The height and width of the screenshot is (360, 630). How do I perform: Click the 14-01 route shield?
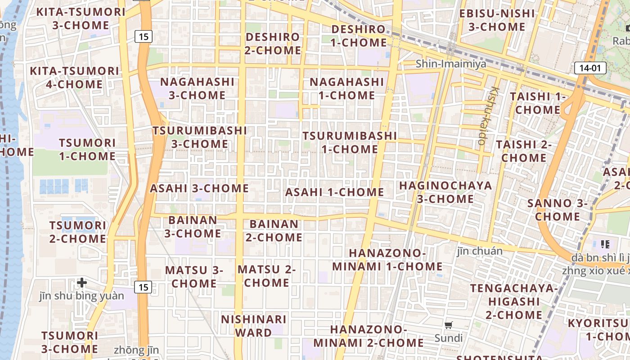(590, 68)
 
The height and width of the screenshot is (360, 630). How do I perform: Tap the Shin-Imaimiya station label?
(451, 64)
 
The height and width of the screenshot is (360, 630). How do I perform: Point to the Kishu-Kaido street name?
(489, 116)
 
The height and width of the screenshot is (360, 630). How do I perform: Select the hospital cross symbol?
(81, 283)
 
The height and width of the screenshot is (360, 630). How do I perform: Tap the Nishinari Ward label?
(253, 326)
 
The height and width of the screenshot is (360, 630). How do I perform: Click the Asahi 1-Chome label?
(334, 192)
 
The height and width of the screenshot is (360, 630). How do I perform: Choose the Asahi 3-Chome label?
(199, 188)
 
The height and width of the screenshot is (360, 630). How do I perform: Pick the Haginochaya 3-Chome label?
(445, 192)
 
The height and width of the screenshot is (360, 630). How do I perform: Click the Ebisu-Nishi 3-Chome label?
(497, 20)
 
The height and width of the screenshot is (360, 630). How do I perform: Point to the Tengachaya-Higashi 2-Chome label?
(514, 301)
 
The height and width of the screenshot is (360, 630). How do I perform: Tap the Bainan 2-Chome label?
(274, 230)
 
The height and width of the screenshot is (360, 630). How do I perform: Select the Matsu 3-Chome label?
(194, 277)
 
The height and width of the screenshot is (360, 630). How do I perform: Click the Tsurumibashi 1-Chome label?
(350, 142)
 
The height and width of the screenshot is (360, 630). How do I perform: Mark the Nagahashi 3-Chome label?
(197, 89)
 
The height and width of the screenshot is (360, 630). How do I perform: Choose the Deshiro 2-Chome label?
(273, 44)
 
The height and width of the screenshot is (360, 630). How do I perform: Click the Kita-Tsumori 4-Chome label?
(74, 77)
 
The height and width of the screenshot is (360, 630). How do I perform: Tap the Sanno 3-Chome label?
(557, 210)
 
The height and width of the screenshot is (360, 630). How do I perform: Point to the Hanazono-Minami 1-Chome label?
(387, 260)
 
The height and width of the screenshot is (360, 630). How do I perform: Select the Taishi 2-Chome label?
(524, 151)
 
